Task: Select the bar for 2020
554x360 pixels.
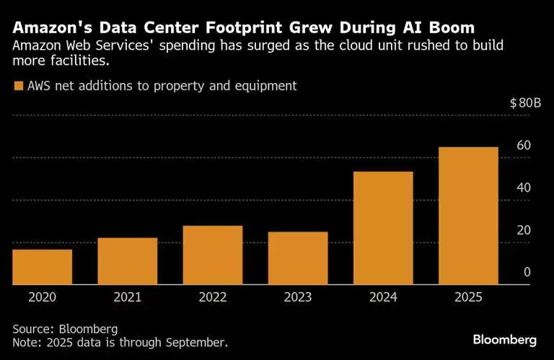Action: pos(42,267)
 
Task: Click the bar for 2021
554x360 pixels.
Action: pos(127,261)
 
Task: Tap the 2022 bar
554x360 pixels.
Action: pos(212,255)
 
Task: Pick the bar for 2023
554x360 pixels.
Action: pos(298,258)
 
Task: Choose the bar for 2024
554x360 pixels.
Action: pos(383,228)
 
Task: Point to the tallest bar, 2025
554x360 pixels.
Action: pos(468,216)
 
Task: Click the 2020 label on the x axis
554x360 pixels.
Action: pos(42,297)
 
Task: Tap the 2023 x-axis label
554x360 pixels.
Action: pos(298,297)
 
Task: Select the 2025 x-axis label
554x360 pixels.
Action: pos(468,297)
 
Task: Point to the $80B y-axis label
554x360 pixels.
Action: pos(525,103)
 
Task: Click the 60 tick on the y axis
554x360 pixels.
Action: pos(523,146)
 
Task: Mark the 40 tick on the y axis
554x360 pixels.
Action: pos(523,188)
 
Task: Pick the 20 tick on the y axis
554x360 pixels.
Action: pos(523,230)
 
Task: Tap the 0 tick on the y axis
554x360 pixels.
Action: pos(527,272)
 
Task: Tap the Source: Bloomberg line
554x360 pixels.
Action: pos(65,328)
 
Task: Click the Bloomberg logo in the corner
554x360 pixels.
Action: pos(504,339)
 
